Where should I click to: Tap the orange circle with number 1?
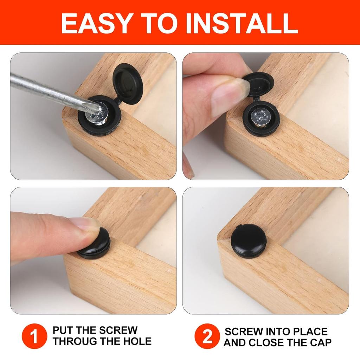pyautogui.click(x=34, y=336)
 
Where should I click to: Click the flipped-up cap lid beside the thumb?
pyautogui.click(x=258, y=84)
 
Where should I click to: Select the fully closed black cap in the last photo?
pyautogui.click(x=248, y=240)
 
